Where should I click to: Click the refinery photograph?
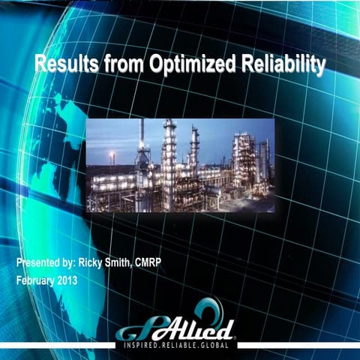pos(180,164)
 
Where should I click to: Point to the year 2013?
pos(76,280)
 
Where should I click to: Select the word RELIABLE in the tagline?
pos(182,345)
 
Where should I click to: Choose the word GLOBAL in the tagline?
pos(220,345)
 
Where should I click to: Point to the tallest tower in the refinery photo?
pos(169,150)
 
